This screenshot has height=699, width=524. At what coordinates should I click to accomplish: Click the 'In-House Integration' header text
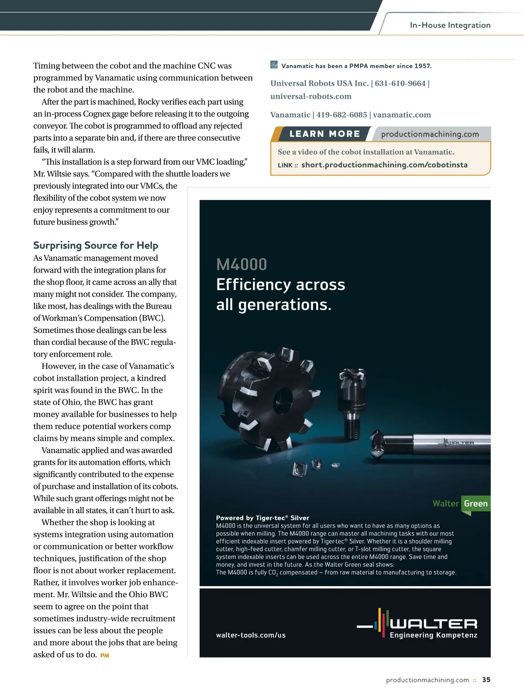450,25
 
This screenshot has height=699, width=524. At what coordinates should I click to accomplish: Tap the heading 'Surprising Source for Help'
96,245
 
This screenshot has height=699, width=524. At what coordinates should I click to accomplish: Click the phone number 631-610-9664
400,83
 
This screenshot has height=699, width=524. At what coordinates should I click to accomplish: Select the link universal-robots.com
311,96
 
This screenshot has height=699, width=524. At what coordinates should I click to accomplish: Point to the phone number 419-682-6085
341,115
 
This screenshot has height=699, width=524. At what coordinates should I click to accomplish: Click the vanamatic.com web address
402,115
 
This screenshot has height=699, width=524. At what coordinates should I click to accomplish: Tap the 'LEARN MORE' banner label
325,134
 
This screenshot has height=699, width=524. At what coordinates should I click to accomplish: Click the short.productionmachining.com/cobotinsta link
384,165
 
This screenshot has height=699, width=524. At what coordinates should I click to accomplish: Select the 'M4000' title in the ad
241,264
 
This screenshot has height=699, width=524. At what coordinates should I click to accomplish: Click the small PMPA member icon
274,65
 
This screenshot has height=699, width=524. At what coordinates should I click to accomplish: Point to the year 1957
422,66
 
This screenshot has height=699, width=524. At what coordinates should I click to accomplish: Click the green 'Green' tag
476,504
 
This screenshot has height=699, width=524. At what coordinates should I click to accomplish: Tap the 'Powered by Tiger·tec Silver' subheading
262,518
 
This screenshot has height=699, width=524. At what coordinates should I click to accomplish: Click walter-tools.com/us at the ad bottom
251,635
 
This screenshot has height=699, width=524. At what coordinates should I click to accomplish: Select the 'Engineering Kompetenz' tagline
433,635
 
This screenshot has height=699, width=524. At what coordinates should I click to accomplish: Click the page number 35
486,680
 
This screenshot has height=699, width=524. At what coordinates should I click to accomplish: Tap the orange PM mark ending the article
105,655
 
